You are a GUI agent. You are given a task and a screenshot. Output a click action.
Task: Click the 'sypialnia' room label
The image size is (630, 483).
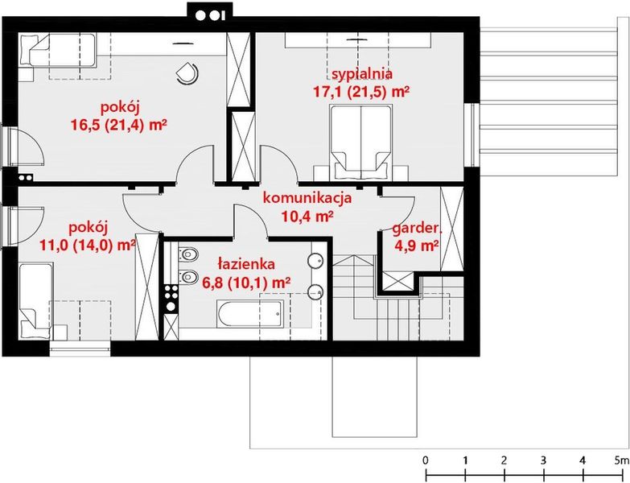click(361, 76)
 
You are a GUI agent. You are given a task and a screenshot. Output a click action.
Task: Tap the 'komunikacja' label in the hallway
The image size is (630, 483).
click(307, 198)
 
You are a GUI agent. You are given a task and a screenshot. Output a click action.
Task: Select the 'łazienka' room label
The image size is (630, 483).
click(248, 263)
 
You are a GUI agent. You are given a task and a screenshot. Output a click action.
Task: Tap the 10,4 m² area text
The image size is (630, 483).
click(307, 215)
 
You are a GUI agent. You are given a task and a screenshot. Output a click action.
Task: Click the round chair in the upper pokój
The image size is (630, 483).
click(187, 72)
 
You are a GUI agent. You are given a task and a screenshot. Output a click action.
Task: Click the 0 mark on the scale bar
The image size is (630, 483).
click(425, 460)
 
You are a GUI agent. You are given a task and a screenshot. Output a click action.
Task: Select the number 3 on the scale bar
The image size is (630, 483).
click(543, 460)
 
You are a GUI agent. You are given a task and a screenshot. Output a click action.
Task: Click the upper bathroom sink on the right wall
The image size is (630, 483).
click(316, 261)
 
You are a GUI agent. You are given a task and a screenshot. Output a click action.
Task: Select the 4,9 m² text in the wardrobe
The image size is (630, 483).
click(416, 246)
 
